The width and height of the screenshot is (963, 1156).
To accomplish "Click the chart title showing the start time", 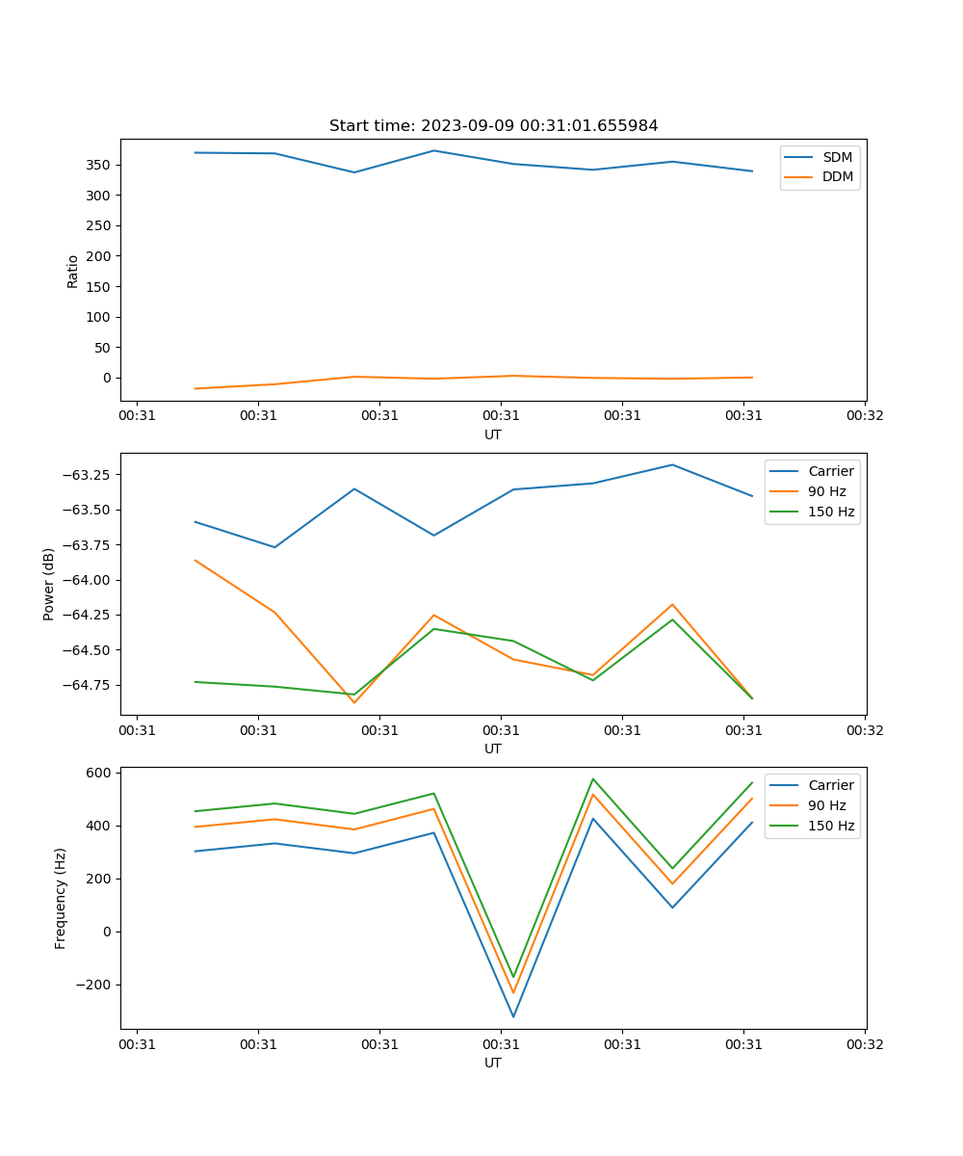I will tap(493, 126).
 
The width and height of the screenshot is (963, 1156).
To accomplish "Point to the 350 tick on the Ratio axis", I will tap(99, 165).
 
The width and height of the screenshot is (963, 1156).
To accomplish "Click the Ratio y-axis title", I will tap(73, 271).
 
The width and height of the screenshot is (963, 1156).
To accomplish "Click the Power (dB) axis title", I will tap(49, 584).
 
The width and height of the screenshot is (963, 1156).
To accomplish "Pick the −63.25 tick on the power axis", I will tap(90, 475).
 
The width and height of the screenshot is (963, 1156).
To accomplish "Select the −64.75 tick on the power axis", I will tap(90, 685).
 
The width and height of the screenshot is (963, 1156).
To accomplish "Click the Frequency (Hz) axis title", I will tap(61, 898).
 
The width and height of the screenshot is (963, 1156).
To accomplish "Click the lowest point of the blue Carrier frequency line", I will tap(513, 1016).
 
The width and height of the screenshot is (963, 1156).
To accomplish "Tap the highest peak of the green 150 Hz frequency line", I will tap(593, 779).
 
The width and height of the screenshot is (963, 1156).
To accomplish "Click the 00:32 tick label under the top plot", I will tap(865, 416).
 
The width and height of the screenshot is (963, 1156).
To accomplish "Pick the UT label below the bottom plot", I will tap(493, 1063).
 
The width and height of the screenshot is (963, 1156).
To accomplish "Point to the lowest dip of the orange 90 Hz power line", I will tap(354, 702).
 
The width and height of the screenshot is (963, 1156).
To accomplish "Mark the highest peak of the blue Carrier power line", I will tap(672, 465).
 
